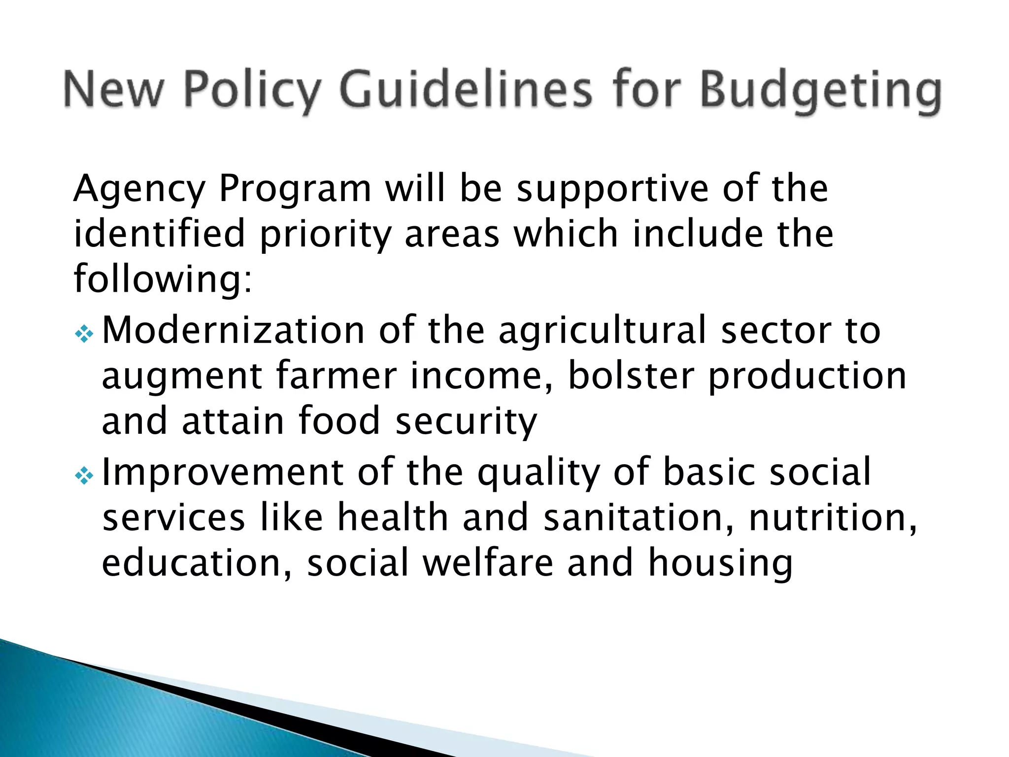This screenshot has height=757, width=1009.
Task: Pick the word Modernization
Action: [233, 331]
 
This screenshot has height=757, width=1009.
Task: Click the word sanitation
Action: [639, 517]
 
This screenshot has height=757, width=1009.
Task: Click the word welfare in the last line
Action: [488, 563]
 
